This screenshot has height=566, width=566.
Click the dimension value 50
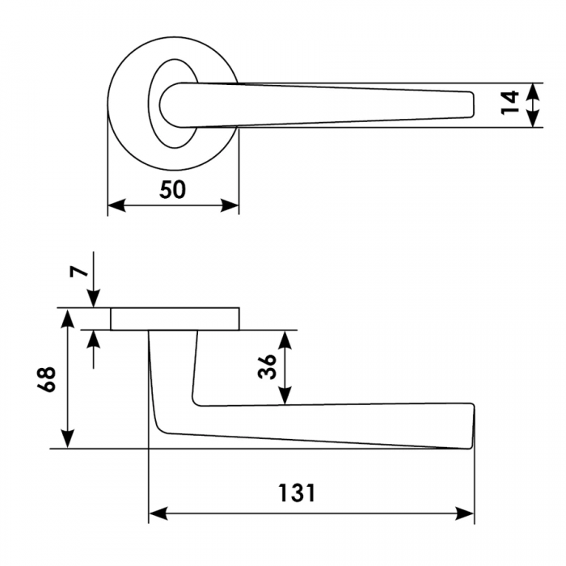[172, 190]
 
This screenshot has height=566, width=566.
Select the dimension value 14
[509, 103]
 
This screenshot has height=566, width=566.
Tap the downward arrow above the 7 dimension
[95, 298]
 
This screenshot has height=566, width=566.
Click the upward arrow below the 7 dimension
[95, 339]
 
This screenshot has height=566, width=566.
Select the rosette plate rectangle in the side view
[175, 319]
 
